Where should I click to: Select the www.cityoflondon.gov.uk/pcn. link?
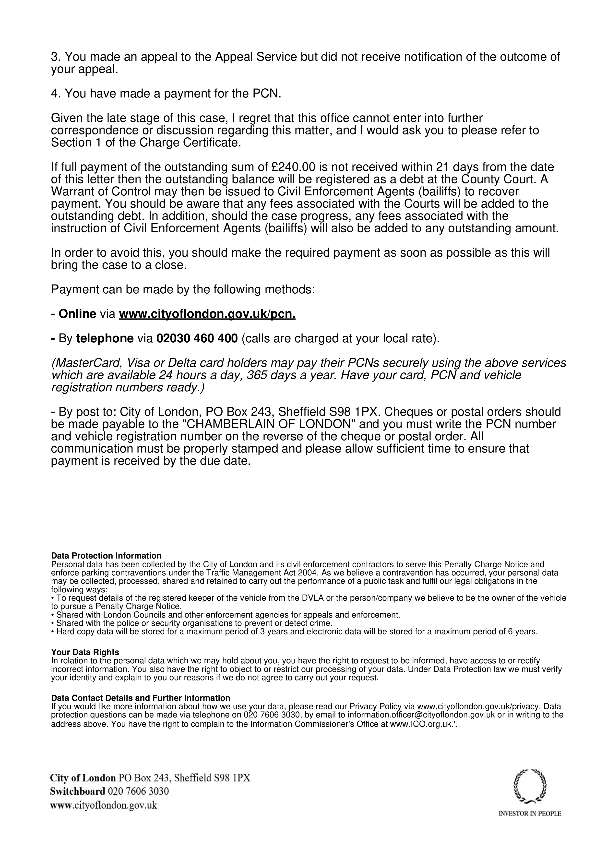point(207,314)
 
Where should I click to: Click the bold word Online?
point(77,314)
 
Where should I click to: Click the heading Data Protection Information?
point(106,556)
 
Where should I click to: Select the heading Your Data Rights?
point(85,653)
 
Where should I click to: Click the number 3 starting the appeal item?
point(55,57)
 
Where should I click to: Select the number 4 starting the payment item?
point(55,94)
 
